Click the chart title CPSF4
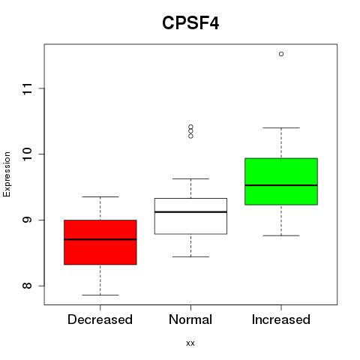point(190,23)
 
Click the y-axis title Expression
point(7,174)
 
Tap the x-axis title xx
point(190,343)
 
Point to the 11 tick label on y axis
point(27,88)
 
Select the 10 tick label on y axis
point(27,154)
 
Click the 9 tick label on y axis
point(27,220)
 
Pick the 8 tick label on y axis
point(27,286)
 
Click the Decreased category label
point(100,319)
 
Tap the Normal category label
point(190,319)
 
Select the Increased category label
point(281,319)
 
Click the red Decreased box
point(100,242)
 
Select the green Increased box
point(281,181)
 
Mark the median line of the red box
point(100,239)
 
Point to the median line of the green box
point(281,185)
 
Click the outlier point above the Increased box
point(281,54)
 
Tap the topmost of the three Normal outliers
point(190,127)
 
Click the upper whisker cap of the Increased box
point(281,127)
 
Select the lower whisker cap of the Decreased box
point(100,295)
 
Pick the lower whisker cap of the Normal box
point(190,256)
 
